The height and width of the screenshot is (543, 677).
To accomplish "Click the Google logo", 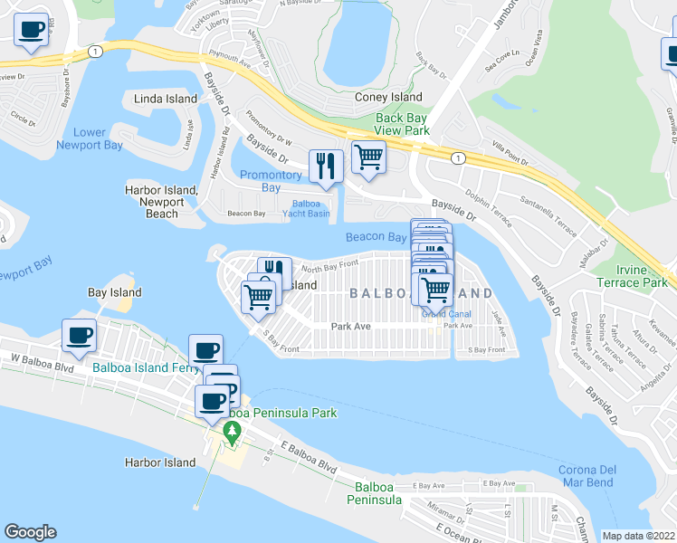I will click(30, 532).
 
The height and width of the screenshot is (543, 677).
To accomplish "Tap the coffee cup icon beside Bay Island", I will click(79, 336).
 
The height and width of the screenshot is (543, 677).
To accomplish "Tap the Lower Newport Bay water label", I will click(81, 138).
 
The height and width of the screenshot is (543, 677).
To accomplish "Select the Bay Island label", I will click(114, 293).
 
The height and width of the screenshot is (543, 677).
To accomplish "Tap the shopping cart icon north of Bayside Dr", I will click(368, 157).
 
